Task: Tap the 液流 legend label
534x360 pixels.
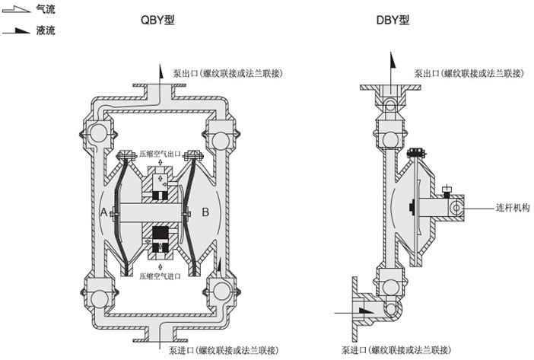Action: tap(45, 30)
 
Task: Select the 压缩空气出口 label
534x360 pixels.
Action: tap(160, 152)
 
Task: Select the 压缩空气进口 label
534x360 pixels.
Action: tap(160, 276)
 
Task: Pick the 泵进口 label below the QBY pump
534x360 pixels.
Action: tap(222, 350)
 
